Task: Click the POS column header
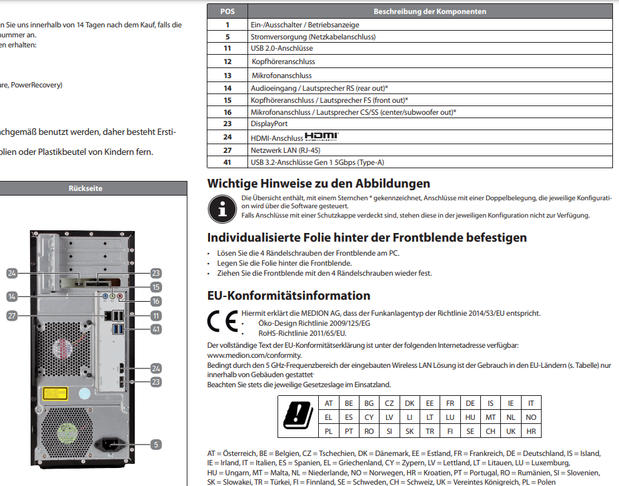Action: pos(227,11)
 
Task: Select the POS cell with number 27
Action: pos(227,150)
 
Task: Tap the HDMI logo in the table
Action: pos(322,136)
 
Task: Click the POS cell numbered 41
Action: pos(227,162)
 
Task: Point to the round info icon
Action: pos(221,209)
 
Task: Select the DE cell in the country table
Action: pos(470,403)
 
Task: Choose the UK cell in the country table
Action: pos(510,431)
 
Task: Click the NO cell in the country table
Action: pos(531,417)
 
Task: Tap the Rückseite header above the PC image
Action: pos(85,189)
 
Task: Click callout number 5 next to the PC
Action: pos(155,443)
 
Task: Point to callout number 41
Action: pos(155,329)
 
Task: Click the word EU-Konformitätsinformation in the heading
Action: pos(289,296)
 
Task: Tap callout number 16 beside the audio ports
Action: pos(155,301)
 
